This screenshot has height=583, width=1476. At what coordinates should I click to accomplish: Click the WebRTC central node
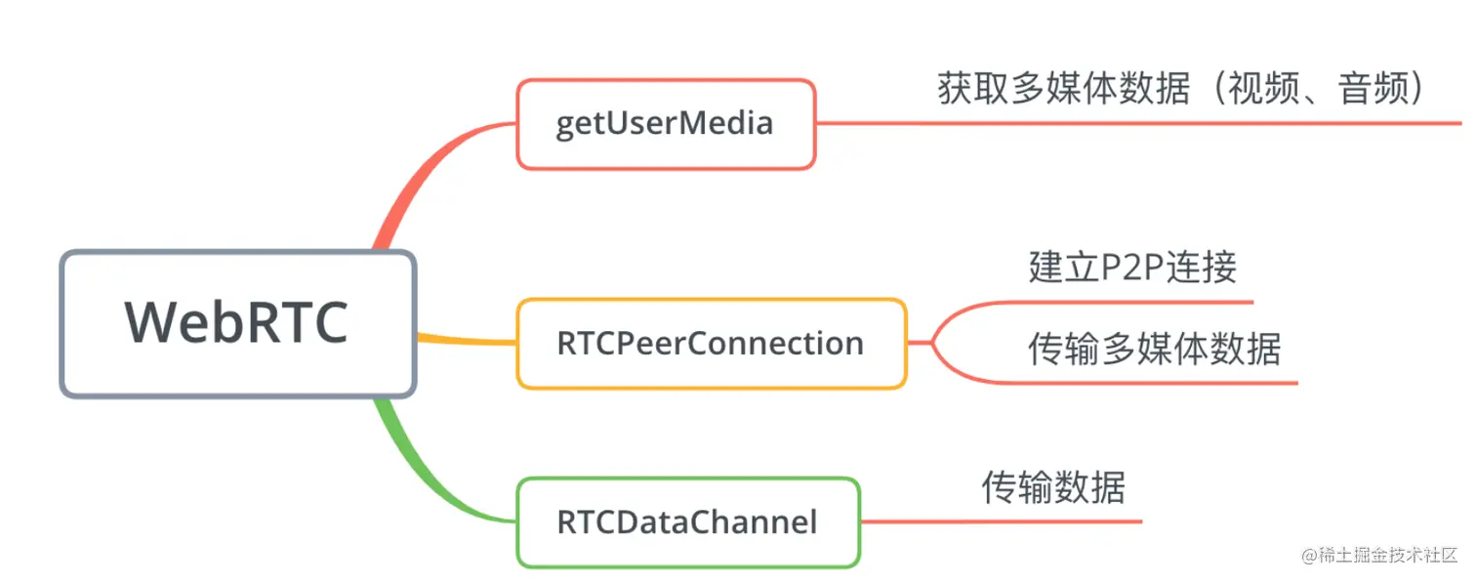point(237,323)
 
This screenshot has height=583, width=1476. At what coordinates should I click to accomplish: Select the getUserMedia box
point(665,124)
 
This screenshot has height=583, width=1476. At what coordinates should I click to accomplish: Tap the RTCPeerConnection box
point(711,344)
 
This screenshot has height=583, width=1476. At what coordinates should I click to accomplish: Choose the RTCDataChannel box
point(687,521)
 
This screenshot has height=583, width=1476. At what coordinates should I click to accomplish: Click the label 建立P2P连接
point(1132,267)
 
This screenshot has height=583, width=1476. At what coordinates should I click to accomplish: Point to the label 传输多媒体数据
point(1154,348)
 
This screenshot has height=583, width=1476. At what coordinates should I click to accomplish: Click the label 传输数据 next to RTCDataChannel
point(1053,486)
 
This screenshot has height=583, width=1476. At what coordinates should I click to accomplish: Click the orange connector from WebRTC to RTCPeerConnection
point(467,340)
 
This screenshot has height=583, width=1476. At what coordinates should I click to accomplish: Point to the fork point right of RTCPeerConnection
point(932,343)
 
